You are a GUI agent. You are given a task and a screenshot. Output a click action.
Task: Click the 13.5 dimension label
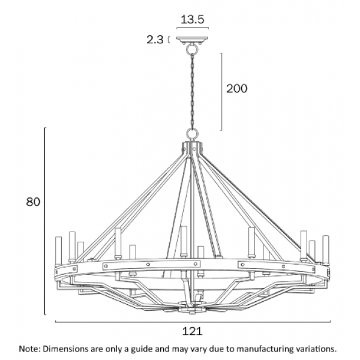[192, 20]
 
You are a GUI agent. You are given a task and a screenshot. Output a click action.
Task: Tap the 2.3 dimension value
[155, 40]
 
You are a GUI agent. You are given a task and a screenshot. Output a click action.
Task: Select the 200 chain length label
[237, 89]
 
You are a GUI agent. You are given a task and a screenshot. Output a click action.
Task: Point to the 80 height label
[33, 202]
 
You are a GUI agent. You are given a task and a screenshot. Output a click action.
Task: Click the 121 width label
[192, 331]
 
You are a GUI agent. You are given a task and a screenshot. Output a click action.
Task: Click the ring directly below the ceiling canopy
[192, 49]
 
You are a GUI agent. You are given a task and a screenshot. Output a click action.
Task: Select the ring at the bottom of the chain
[192, 133]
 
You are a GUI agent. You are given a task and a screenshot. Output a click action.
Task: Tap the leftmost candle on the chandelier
[58, 251]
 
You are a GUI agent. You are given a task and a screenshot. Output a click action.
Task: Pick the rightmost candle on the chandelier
[326, 249]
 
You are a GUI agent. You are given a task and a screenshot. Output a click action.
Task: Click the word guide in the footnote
[142, 349]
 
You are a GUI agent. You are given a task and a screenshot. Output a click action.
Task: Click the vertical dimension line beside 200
[221, 92]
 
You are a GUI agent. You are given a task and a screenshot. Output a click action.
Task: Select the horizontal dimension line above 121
[193, 322]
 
